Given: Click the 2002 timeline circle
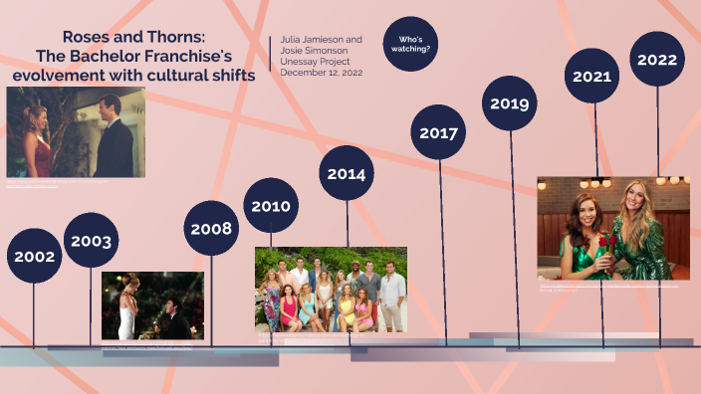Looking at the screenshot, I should coord(34,256).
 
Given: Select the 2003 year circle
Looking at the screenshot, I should coord(91,241).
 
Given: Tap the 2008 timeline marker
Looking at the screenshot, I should coord(211,228).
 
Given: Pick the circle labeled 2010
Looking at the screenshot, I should coord(270,206).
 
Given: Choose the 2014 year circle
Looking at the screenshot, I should coord(346,173).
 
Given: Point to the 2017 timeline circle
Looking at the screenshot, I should coord(438,132).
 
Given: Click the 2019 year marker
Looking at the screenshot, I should coord(510,103).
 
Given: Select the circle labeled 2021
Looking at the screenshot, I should coord(592,75).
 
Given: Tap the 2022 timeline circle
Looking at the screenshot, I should coord(657,59).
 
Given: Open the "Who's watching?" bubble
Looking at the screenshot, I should coord(410,44).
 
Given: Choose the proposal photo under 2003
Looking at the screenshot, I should coord(152,305).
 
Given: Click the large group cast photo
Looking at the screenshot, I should coord(331,289).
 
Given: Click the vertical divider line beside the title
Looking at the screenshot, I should coord(270,56).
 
